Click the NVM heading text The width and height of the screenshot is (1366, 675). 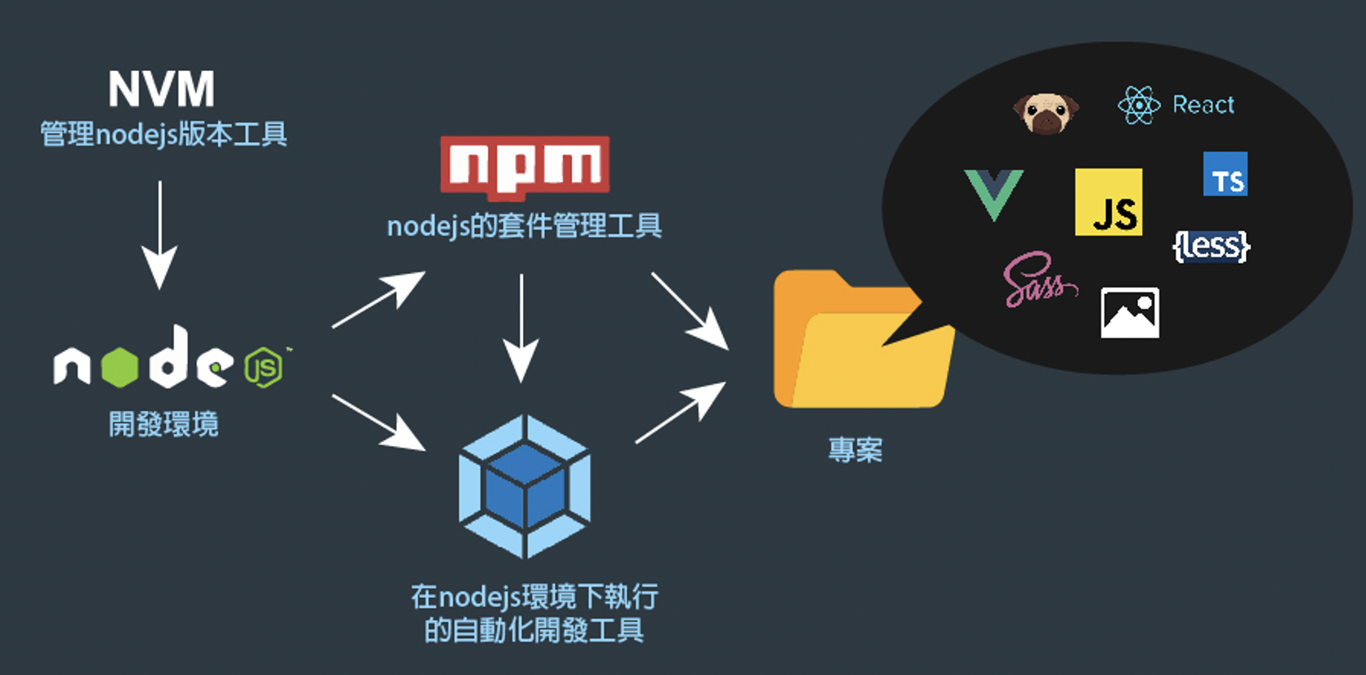click(x=162, y=88)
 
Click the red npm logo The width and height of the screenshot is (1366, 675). click(x=525, y=167)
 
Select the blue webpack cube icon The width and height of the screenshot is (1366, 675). click(x=525, y=487)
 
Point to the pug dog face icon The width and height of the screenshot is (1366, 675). click(x=1046, y=112)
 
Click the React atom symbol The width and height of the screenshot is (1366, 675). click(x=1139, y=105)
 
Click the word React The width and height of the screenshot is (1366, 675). click(x=1203, y=105)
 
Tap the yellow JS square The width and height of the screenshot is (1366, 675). click(x=1109, y=202)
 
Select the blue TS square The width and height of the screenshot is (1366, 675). click(x=1225, y=174)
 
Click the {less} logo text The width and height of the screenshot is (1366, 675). click(x=1212, y=245)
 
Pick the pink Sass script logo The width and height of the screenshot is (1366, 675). click(x=1038, y=280)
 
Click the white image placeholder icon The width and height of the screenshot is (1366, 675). click(x=1130, y=313)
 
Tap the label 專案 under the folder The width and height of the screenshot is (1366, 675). click(x=855, y=450)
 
